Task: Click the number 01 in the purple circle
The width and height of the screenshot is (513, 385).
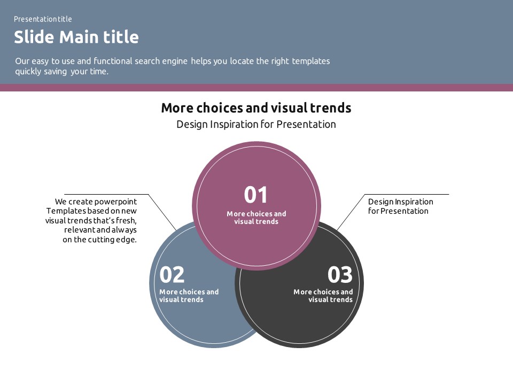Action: pos(255,195)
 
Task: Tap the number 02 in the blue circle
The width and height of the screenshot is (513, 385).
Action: pos(172,275)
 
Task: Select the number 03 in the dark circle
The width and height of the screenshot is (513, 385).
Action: pos(340,275)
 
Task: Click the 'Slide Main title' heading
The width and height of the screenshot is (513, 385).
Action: pos(76,37)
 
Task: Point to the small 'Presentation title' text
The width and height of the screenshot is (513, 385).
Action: pos(43,19)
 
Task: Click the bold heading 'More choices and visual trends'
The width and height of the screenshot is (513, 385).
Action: pos(256,107)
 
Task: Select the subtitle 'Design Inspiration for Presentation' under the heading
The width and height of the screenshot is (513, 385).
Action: pos(256,125)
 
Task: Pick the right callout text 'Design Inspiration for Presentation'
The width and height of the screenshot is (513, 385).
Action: pos(400,206)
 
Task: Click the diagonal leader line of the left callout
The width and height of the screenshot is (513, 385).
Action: pos(162,212)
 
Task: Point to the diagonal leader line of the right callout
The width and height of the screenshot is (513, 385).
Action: pos(351,212)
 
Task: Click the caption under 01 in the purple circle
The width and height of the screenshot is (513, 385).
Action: pos(256,218)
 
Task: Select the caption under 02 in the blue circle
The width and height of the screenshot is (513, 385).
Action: pos(189,296)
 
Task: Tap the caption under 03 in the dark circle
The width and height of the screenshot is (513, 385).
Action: pos(323,296)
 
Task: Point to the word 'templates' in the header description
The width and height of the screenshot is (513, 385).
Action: pos(311,61)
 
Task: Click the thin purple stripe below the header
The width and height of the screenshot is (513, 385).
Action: pos(256,87)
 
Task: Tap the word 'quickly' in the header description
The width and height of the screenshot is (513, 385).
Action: pos(28,72)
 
